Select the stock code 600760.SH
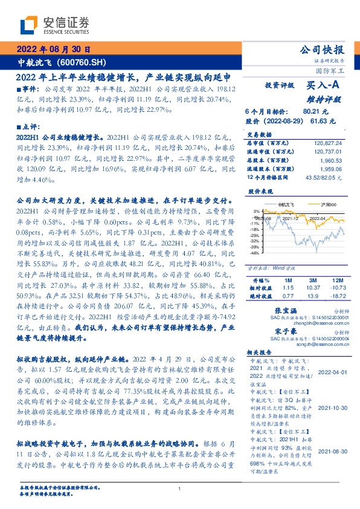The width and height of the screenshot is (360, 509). pyautogui.click(x=83, y=63)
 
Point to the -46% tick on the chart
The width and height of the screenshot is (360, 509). pyautogui.click(x=255, y=254)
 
